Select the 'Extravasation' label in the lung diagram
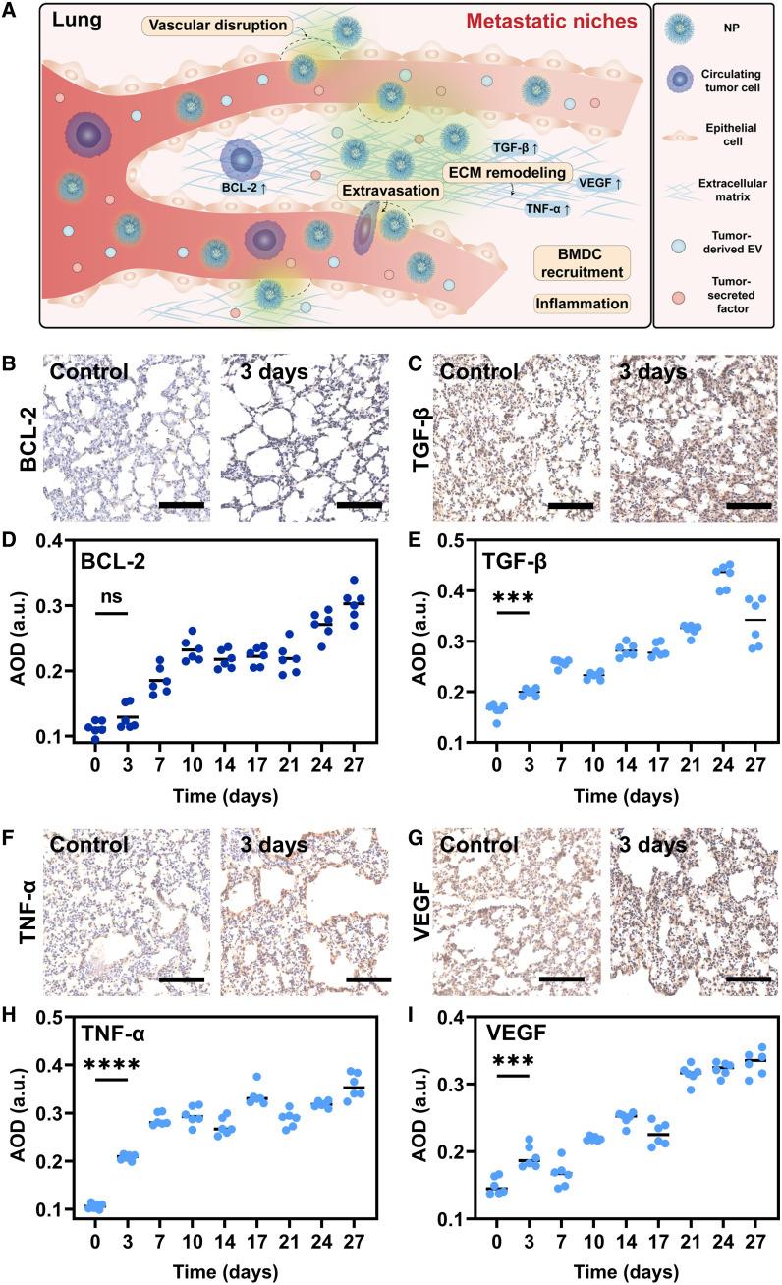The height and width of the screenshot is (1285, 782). [387, 187]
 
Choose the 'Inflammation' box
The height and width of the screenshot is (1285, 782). [582, 303]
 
